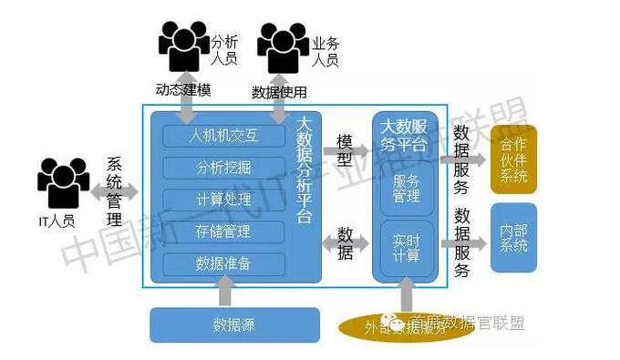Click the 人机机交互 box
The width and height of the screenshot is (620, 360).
click(x=223, y=137)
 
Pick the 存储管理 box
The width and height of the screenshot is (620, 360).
click(x=223, y=231)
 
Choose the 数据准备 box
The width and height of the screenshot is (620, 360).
click(x=223, y=263)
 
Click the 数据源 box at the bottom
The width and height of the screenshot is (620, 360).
click(x=234, y=324)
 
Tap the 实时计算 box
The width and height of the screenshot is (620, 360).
click(x=407, y=245)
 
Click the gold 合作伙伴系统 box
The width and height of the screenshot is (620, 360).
click(x=513, y=160)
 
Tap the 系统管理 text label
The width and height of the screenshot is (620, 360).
click(x=115, y=192)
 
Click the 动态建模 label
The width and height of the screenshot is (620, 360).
click(x=184, y=90)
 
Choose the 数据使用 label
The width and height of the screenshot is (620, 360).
click(x=279, y=92)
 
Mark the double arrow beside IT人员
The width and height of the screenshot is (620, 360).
click(x=115, y=192)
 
